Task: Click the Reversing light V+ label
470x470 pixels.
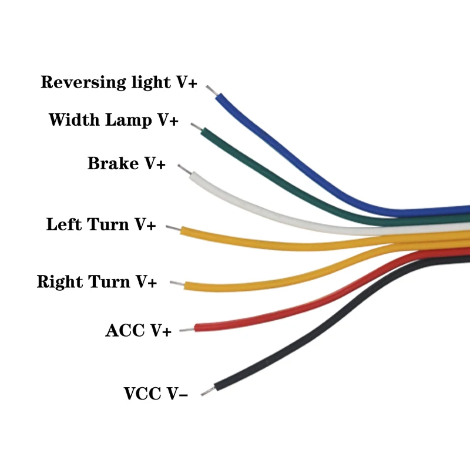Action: click(x=119, y=82)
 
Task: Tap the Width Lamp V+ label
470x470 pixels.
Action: click(x=113, y=120)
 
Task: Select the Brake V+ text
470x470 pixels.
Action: click(x=126, y=163)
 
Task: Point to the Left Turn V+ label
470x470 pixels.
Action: click(x=101, y=224)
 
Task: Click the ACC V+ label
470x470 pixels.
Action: click(x=138, y=331)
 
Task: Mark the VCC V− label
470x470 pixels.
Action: click(x=156, y=394)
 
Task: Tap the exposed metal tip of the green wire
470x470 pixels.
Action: click(x=196, y=126)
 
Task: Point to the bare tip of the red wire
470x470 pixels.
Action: click(x=187, y=330)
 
